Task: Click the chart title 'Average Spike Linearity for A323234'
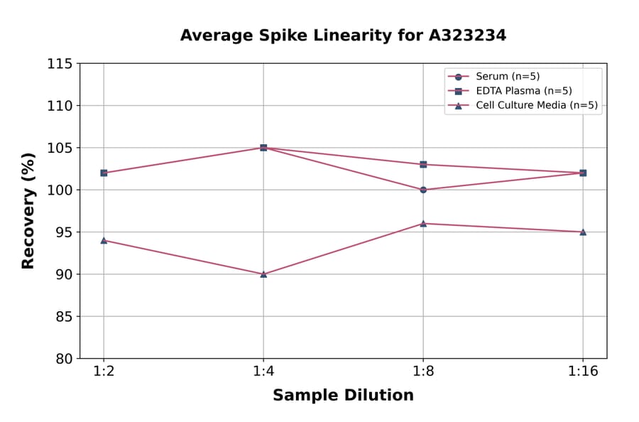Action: coord(343,36)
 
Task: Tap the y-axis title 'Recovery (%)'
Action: coord(28,211)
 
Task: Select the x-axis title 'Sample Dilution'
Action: coord(343,396)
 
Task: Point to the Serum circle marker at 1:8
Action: coord(423,190)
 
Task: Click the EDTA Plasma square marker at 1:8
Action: coord(423,164)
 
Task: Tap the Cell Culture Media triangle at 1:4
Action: coord(263,274)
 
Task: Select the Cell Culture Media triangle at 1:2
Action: coord(104,240)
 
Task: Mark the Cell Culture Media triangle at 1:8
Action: coord(423,223)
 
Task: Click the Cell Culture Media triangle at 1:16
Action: coord(583,232)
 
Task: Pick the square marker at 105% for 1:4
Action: coord(263,148)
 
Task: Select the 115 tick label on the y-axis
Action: coord(60,64)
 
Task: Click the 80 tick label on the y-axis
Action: coord(64,358)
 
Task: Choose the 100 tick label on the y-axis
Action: coord(60,190)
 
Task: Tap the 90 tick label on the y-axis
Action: coord(64,274)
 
